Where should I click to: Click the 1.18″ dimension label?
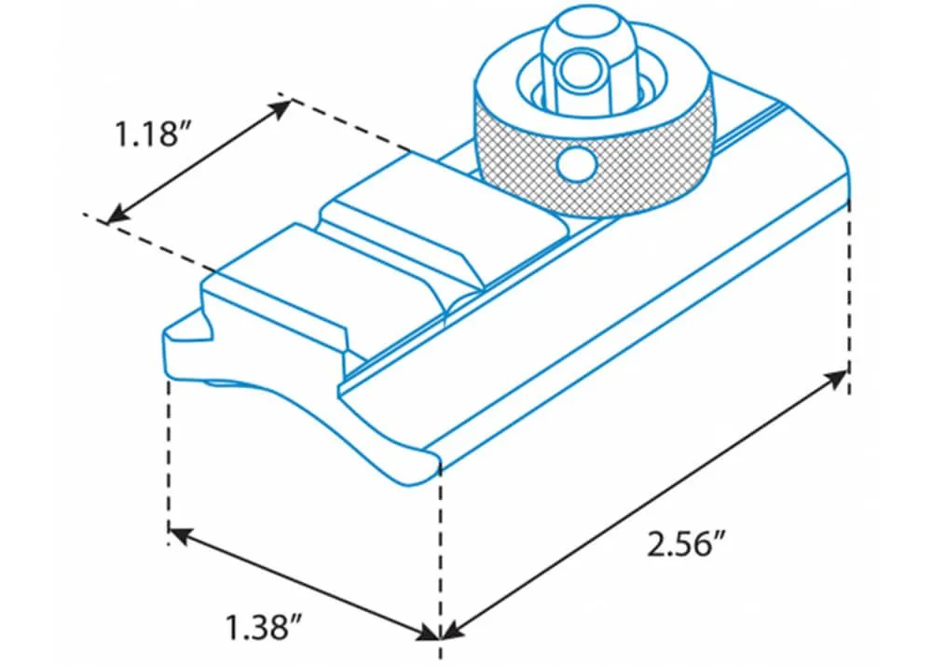(x=147, y=133)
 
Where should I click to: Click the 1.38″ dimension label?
(x=265, y=627)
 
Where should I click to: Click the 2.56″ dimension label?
(x=687, y=544)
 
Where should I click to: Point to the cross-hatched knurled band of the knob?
(x=595, y=160)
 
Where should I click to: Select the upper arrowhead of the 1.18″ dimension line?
(x=281, y=110)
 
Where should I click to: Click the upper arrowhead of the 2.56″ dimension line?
(x=836, y=379)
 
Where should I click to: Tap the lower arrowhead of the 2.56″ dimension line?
(x=454, y=631)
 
